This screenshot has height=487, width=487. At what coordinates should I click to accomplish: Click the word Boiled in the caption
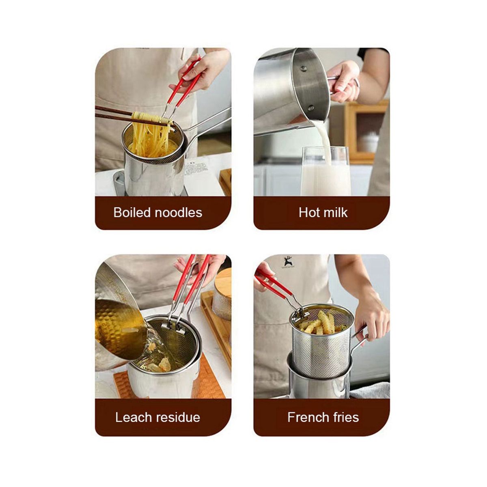click(x=132, y=213)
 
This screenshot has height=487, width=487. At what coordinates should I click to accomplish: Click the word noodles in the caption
click(x=179, y=213)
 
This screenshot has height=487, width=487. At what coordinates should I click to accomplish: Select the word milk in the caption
click(x=334, y=213)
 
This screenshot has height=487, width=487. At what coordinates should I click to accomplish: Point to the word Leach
click(x=133, y=417)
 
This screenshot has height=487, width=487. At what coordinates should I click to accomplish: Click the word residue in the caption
click(x=177, y=417)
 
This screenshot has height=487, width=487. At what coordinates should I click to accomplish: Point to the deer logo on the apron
click(x=287, y=262)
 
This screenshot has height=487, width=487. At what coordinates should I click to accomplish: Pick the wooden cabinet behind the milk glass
click(x=366, y=132)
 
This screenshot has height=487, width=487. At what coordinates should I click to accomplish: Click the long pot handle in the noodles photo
click(x=209, y=121)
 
